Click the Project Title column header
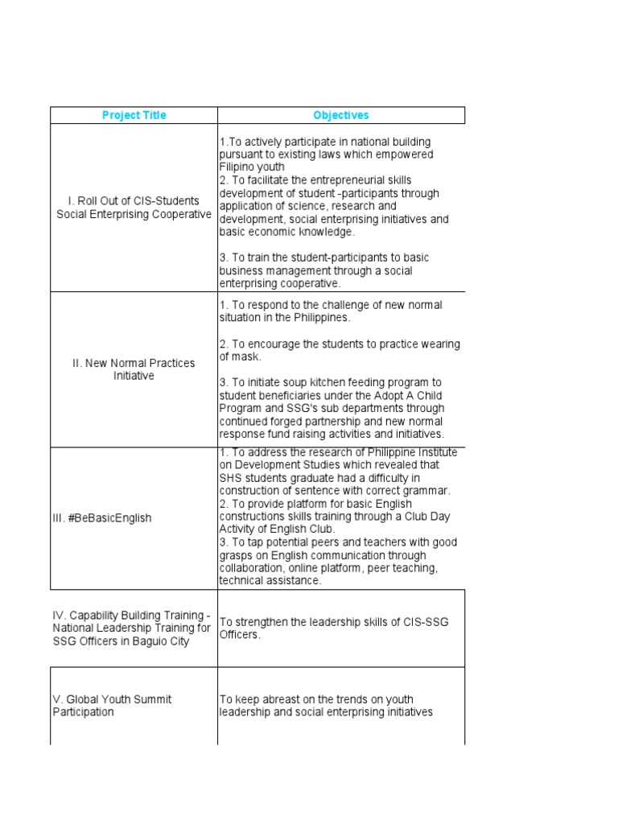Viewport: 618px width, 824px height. click(x=134, y=115)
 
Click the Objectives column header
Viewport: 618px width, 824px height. click(x=341, y=115)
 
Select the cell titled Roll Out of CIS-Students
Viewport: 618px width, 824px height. click(x=134, y=207)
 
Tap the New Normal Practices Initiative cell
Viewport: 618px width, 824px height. click(x=134, y=369)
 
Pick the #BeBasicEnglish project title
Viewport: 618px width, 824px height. click(x=101, y=518)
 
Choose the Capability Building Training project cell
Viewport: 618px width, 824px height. click(x=131, y=628)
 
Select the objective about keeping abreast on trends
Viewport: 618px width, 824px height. click(x=327, y=706)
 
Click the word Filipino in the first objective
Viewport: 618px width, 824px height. click(x=237, y=167)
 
